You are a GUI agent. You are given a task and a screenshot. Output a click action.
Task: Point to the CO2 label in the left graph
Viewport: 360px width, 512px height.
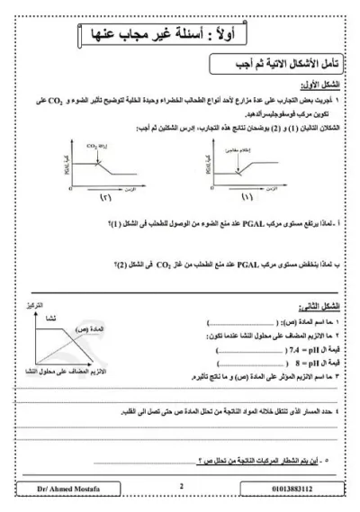pos(92,144)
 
